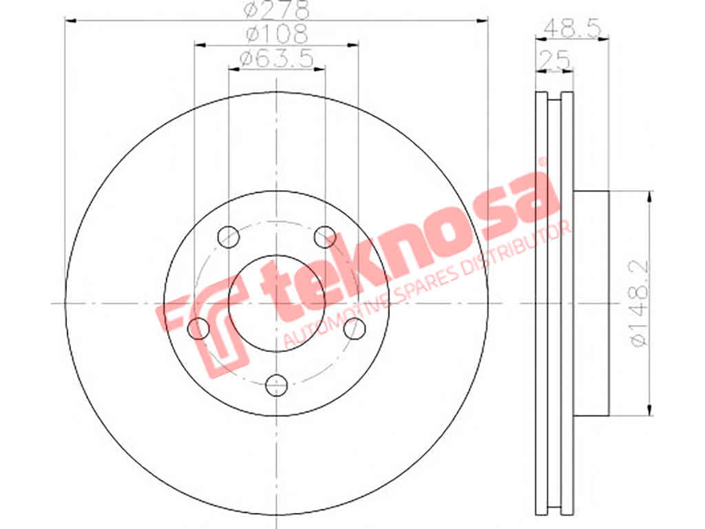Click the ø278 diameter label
coord(276,9)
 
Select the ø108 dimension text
coord(277,33)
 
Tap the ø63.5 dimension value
coord(276,58)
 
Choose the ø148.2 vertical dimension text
coord(640,303)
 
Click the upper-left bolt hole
coord(228,236)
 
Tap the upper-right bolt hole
coord(325,236)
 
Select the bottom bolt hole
coord(276,386)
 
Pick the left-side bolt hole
coord(198,329)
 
